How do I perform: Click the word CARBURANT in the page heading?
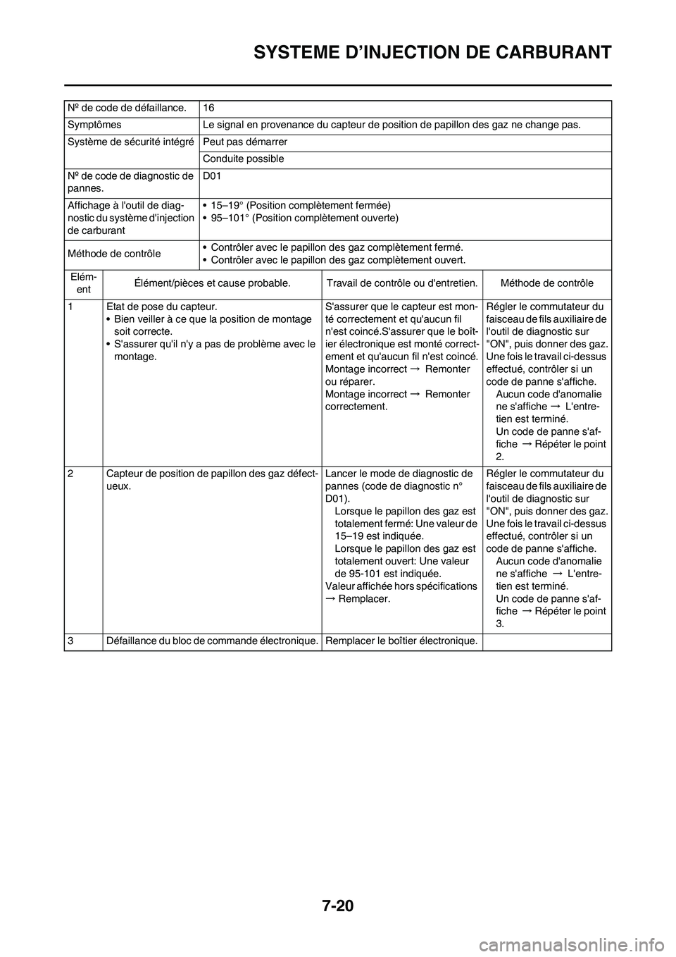551,52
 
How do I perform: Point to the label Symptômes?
94,125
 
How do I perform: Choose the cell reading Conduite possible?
244,159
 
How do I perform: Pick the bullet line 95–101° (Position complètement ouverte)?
304,218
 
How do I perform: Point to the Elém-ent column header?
84,283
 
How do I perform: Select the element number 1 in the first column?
70,307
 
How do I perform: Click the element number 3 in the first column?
70,641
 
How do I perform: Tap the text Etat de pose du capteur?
161,307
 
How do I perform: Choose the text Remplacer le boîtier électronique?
401,641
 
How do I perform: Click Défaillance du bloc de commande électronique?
213,641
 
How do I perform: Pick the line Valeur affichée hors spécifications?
401,586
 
